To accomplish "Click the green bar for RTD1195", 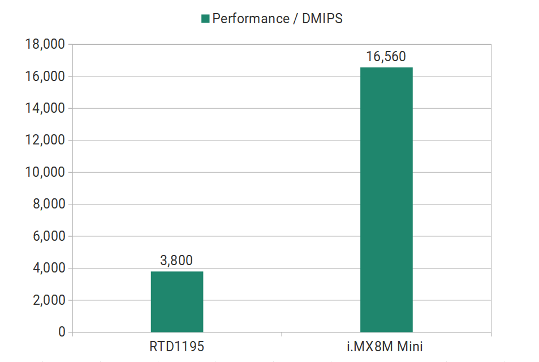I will [x=176, y=301].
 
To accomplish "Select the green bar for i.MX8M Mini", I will [x=386, y=199].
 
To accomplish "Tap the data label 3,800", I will [x=176, y=261].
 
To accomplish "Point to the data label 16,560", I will [x=386, y=57].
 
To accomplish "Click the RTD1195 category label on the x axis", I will [x=176, y=346].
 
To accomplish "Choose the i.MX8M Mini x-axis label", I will [x=386, y=346].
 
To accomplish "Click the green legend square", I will [x=205, y=19].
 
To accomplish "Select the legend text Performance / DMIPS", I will [x=277, y=19].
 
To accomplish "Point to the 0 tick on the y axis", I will [x=61, y=332].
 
